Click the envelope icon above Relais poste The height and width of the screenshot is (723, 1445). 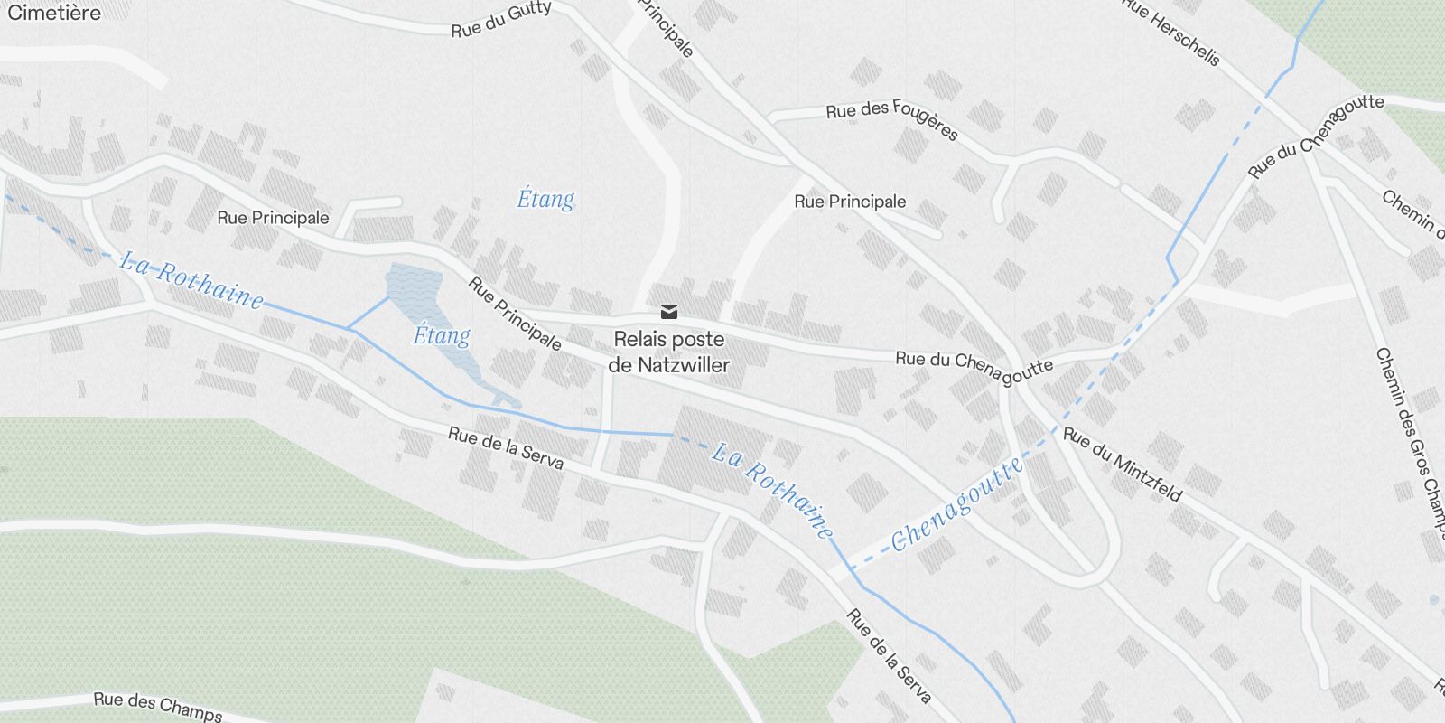tap(668, 312)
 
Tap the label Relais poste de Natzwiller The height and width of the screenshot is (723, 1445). tap(668, 352)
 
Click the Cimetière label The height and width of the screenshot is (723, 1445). tap(53, 13)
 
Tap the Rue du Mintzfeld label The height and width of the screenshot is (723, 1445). tap(1123, 464)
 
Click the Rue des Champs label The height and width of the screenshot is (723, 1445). tap(158, 706)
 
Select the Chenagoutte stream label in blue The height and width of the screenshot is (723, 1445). tap(958, 502)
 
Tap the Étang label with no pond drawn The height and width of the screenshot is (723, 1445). tap(545, 199)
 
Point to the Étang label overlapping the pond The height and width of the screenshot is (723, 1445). tap(442, 335)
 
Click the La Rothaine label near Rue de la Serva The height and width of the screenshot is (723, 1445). tap(772, 491)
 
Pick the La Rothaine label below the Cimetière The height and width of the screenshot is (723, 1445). tap(191, 279)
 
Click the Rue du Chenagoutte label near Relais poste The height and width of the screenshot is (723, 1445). tap(974, 362)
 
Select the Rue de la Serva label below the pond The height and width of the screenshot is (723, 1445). tap(506, 448)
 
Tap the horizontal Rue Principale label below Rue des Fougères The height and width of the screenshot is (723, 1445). tap(850, 202)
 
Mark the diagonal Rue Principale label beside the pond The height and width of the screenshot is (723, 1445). tap(515, 313)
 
